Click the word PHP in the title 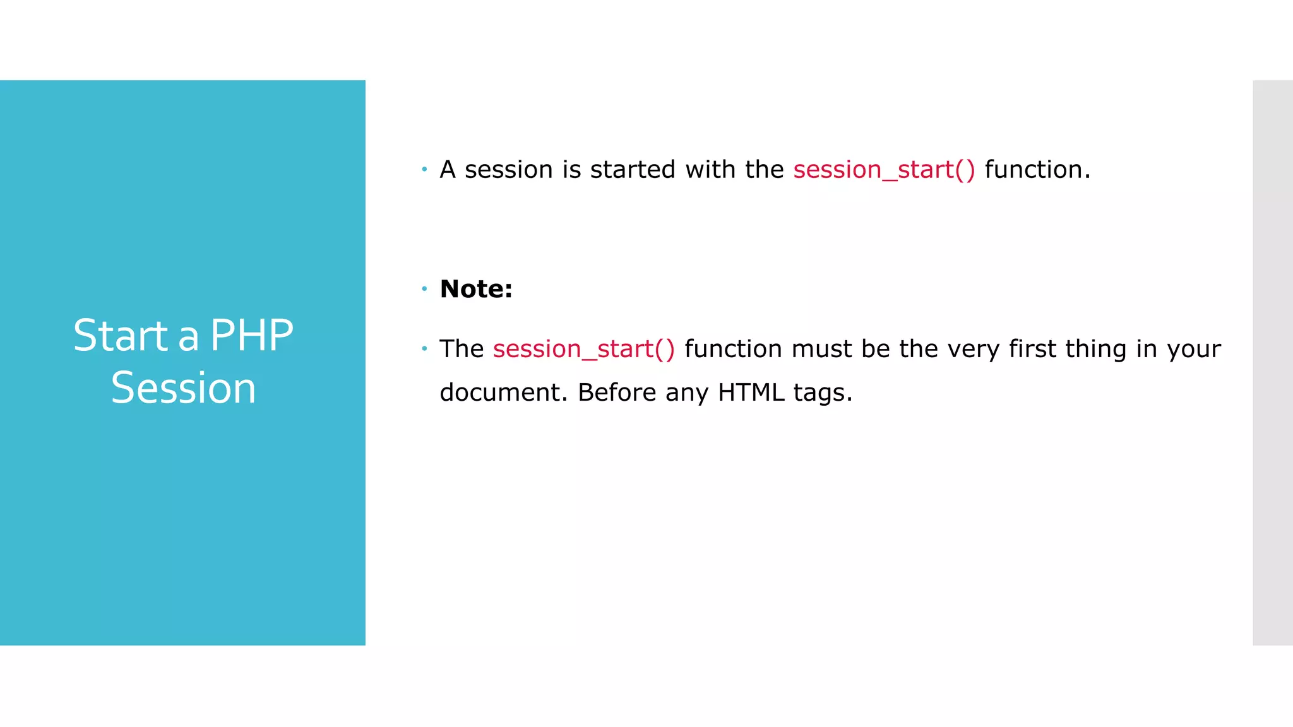click(x=251, y=336)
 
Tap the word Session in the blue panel click(x=183, y=388)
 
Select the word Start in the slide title click(x=121, y=336)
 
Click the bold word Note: click(x=476, y=289)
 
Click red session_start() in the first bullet click(x=884, y=170)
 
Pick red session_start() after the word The click(x=584, y=349)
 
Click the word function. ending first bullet click(x=1037, y=170)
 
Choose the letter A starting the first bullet click(x=448, y=170)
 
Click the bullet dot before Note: click(x=425, y=289)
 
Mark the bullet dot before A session click(x=425, y=169)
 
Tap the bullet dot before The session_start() click(x=425, y=348)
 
